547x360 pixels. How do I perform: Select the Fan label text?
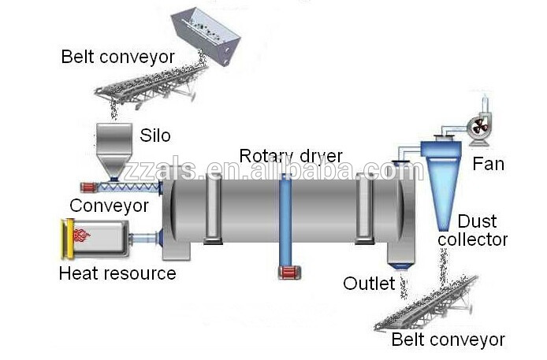[488, 165]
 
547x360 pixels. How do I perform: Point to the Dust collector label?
[482, 231]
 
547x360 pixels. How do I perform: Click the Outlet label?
[368, 283]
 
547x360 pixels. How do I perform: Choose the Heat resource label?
[117, 274]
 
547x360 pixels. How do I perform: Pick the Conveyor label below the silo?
[109, 206]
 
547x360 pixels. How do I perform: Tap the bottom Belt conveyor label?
[448, 340]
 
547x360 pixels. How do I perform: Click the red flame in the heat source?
[80, 234]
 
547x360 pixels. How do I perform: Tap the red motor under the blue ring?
[288, 272]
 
